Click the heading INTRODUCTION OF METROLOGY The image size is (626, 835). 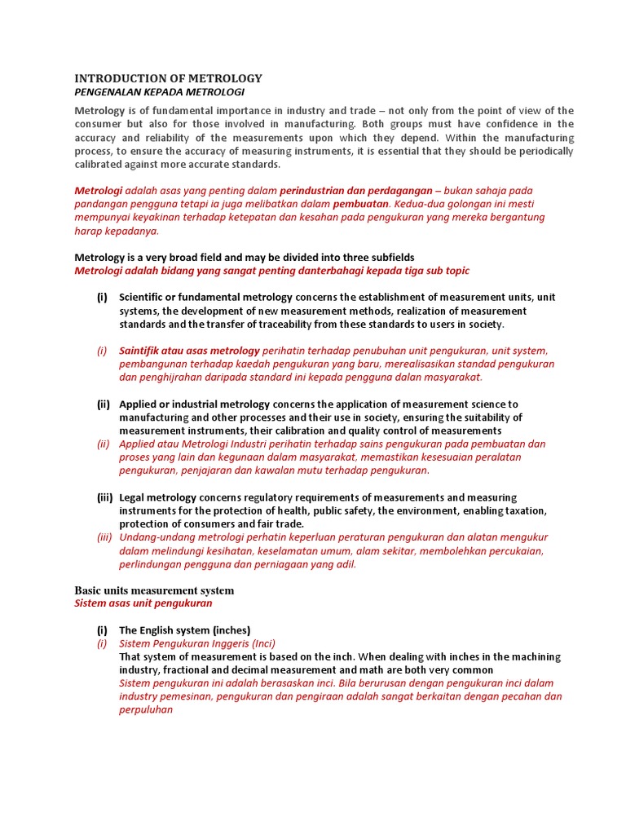(x=168, y=78)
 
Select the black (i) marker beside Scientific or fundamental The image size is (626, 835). (x=102, y=298)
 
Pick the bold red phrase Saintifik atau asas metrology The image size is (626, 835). (x=189, y=351)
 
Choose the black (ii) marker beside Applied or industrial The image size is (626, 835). (x=104, y=404)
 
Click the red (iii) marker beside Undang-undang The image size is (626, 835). (x=104, y=537)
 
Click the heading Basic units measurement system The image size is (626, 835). (x=154, y=590)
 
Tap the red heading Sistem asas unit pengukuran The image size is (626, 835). (x=143, y=603)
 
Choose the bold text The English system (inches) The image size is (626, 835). (x=184, y=630)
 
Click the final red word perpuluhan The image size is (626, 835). (x=146, y=709)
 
